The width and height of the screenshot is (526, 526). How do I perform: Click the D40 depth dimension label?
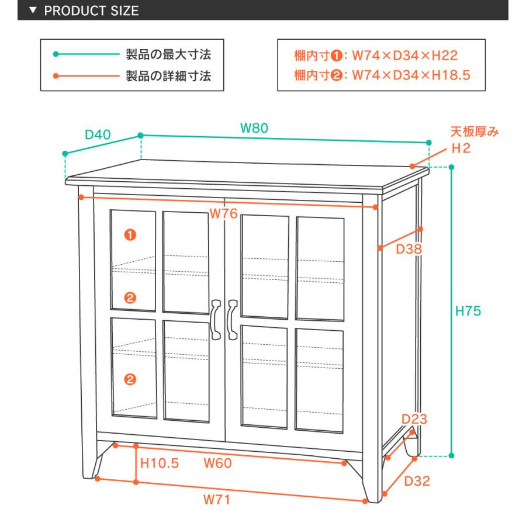(x=98, y=135)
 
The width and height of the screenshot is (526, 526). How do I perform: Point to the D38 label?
(x=409, y=250)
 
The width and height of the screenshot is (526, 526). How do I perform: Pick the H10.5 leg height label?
(x=160, y=464)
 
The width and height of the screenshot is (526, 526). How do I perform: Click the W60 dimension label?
(x=217, y=464)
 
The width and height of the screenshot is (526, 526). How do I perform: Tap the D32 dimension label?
(x=417, y=482)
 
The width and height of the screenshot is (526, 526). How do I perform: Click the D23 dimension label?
(x=414, y=419)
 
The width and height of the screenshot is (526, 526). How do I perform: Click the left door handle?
(x=216, y=319)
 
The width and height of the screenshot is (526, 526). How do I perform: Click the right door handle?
(x=233, y=319)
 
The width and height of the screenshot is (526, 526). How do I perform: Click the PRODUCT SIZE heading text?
(x=92, y=11)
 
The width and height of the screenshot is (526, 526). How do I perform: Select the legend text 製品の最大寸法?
(x=168, y=55)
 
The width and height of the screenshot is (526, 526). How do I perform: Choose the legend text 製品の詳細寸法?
(x=168, y=75)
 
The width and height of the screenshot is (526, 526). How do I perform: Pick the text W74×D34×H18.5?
(x=411, y=75)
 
